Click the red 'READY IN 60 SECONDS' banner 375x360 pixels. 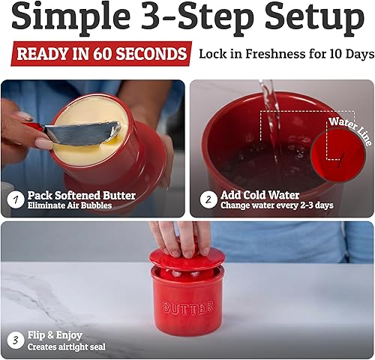click(100, 54)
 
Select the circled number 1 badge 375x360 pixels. click(15, 200)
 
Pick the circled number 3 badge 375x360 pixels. click(15, 340)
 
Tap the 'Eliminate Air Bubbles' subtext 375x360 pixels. click(69, 205)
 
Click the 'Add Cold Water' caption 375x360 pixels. click(259, 195)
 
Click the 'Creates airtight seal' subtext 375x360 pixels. click(67, 346)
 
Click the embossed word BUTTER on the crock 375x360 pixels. click(187, 307)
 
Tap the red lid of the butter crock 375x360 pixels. click(187, 261)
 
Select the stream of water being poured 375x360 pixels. click(267, 112)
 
